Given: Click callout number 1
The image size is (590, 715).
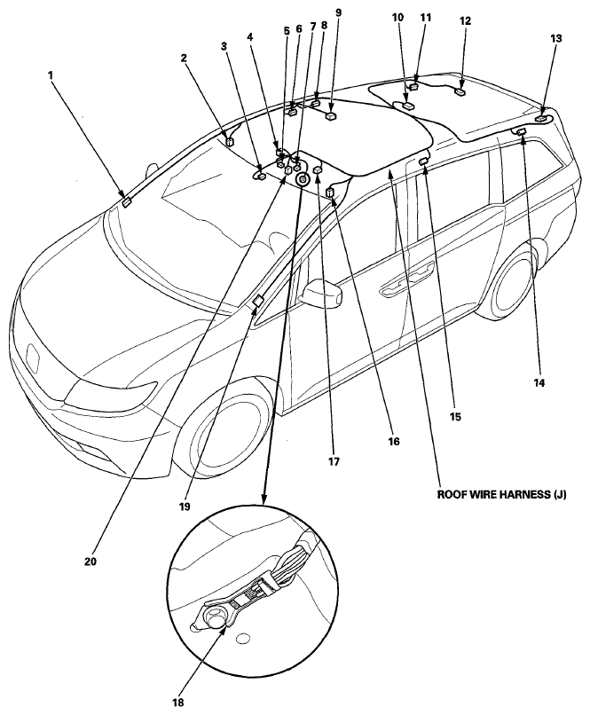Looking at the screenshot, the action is click(x=51, y=73).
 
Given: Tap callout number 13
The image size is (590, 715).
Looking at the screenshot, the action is click(x=555, y=39).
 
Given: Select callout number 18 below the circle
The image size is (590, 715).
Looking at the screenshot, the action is click(x=178, y=703).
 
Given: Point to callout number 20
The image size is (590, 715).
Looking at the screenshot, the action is click(x=90, y=562).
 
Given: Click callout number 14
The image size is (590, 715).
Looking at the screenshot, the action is click(x=539, y=383).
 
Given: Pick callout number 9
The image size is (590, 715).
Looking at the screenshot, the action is click(x=338, y=12).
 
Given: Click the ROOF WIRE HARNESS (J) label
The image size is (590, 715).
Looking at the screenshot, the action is click(x=502, y=495).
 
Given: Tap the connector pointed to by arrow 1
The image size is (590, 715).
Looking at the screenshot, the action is click(x=127, y=202).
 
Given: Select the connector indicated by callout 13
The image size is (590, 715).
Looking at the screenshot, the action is click(x=542, y=118).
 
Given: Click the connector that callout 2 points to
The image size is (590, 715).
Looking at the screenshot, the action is click(x=230, y=141).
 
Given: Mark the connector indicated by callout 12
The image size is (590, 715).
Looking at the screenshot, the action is click(x=460, y=92).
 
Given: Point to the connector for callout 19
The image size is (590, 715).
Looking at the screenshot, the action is click(x=258, y=300).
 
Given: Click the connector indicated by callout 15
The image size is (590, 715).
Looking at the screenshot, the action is click(x=423, y=161).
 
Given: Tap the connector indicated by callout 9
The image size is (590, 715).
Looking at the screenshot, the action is click(x=332, y=117).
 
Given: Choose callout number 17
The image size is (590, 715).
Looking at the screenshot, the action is click(x=334, y=462).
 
